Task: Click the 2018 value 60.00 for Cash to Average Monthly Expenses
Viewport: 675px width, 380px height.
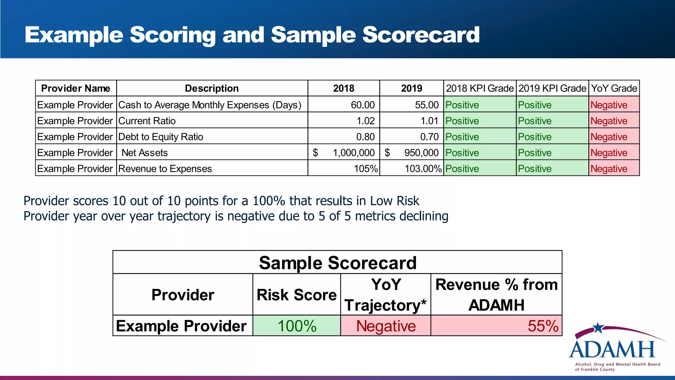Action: pyautogui.click(x=363, y=105)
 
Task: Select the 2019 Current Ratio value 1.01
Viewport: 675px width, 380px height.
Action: pyautogui.click(x=429, y=121)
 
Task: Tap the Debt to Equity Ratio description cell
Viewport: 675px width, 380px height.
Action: pyautogui.click(x=161, y=137)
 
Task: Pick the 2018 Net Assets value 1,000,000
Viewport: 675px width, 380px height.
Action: pyautogui.click(x=353, y=153)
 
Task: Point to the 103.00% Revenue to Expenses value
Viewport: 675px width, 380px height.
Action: pyautogui.click(x=423, y=169)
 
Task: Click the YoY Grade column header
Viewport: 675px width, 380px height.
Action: pyautogui.click(x=614, y=88)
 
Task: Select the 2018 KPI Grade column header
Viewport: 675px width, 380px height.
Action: pyautogui.click(x=480, y=88)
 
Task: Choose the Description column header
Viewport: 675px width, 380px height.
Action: pyautogui.click(x=212, y=88)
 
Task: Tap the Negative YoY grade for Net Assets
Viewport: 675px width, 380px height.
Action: pyautogui.click(x=609, y=153)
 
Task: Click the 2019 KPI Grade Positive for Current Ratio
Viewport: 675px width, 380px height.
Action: pyautogui.click(x=535, y=121)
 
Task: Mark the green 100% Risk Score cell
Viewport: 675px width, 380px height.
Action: pyautogui.click(x=297, y=326)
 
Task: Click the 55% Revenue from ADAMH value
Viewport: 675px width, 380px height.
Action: pyautogui.click(x=543, y=326)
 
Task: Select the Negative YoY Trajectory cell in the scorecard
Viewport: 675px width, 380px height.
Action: pyautogui.click(x=386, y=326)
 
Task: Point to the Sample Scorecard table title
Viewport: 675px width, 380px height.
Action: pyautogui.click(x=337, y=263)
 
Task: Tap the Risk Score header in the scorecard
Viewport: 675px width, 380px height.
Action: pyautogui.click(x=297, y=295)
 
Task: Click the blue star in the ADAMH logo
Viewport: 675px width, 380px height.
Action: pyautogui.click(x=598, y=328)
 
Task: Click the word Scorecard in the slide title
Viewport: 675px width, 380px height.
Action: pyautogui.click(x=421, y=35)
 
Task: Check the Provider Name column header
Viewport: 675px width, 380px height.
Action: pyautogui.click(x=75, y=88)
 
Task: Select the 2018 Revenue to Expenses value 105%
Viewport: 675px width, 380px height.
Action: pyautogui.click(x=366, y=169)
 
